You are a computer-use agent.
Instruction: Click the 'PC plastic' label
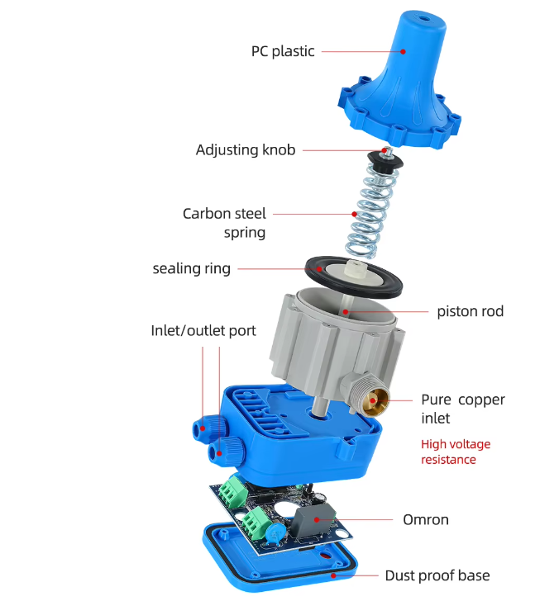[x=283, y=51]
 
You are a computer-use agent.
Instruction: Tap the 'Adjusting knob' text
[x=246, y=150]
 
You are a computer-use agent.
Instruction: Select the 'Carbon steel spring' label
[x=225, y=223]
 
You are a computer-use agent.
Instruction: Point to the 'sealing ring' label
[x=192, y=268]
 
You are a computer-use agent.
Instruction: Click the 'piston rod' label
[x=471, y=311]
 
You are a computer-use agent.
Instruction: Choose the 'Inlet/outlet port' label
[x=203, y=330]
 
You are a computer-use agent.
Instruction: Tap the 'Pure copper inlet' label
[x=463, y=409]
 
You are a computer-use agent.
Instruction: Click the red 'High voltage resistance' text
[x=456, y=452]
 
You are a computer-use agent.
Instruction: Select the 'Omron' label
[x=426, y=520]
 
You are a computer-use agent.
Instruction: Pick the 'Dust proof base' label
[x=437, y=575]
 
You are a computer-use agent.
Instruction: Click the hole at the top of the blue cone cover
[x=423, y=18]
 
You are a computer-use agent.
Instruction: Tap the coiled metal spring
[x=368, y=210]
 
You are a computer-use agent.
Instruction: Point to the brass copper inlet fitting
[x=375, y=401]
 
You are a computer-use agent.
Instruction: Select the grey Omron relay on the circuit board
[x=312, y=520]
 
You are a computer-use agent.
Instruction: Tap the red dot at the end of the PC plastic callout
[x=403, y=51]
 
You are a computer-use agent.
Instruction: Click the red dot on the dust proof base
[x=333, y=575]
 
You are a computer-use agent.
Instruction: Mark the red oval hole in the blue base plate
[x=325, y=555]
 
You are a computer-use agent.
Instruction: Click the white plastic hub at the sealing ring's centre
[x=354, y=268]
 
